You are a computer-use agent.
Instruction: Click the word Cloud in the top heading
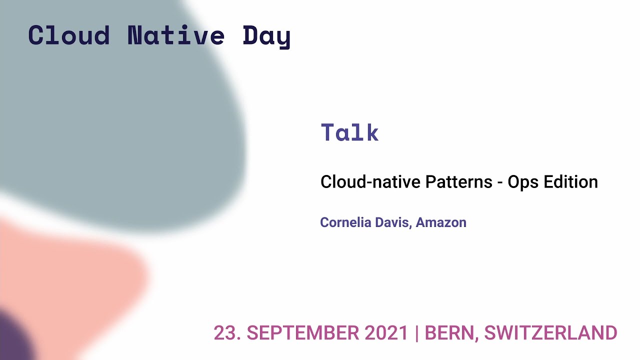click(x=69, y=35)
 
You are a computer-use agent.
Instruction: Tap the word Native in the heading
click(x=176, y=35)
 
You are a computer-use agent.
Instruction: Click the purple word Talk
click(x=349, y=132)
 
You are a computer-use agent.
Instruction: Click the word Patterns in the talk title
click(x=458, y=181)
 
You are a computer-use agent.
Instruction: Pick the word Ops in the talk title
click(x=523, y=182)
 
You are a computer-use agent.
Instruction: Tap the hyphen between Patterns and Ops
click(x=500, y=182)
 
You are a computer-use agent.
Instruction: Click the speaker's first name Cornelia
click(x=345, y=222)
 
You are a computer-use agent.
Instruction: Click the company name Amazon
click(x=441, y=222)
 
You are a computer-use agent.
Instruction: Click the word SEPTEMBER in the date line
click(x=302, y=333)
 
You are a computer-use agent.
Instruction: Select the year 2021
click(x=386, y=333)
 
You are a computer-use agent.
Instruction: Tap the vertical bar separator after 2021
click(x=417, y=333)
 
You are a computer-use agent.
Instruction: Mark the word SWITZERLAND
click(x=550, y=333)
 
